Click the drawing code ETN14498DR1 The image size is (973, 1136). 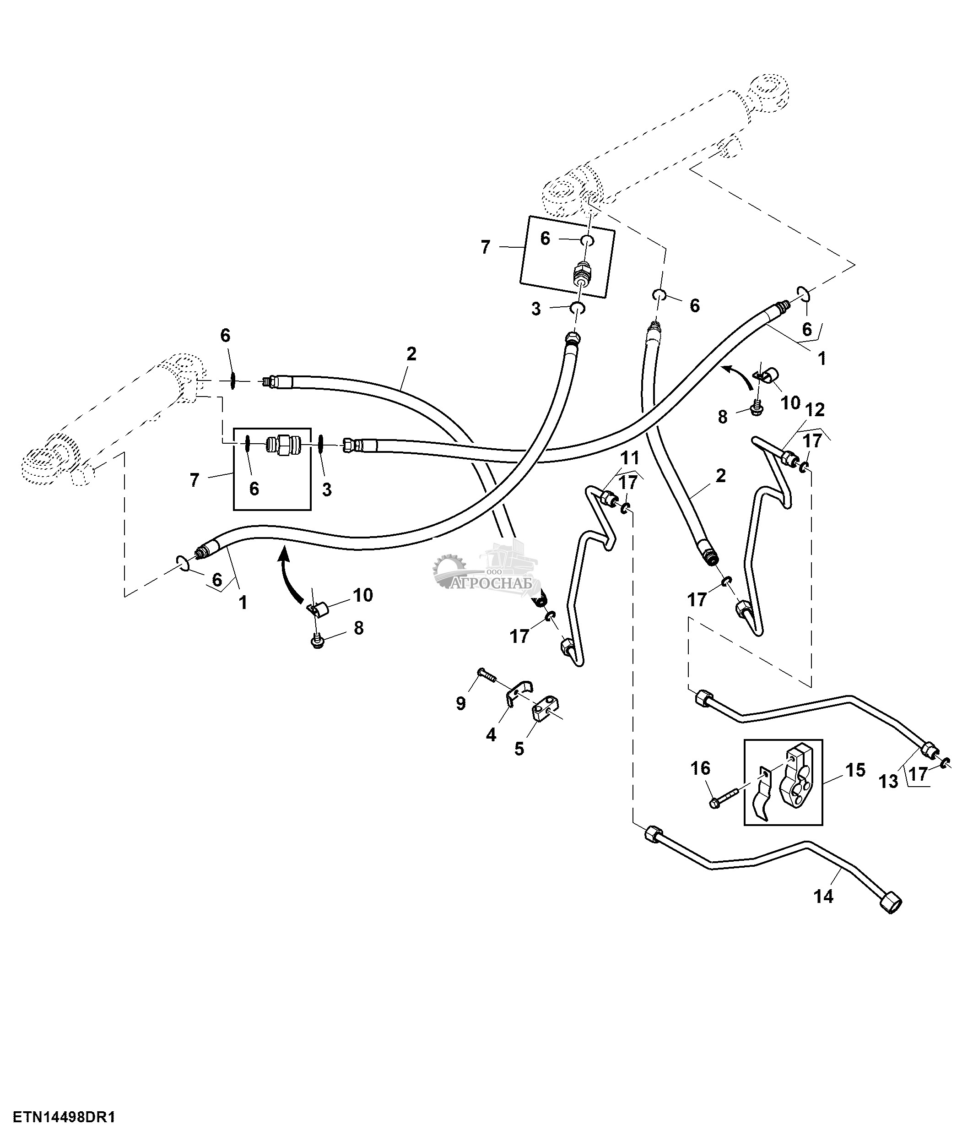pos(64,1117)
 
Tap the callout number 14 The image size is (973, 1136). pos(823,897)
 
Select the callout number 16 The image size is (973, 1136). pos(701,768)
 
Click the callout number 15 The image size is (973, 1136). pos(854,770)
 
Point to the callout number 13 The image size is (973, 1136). pos(889,781)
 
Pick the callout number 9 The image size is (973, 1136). pos(461,703)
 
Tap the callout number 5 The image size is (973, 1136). pos(519,748)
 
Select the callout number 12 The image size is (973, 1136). pos(815,409)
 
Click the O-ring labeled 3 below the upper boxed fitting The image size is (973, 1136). pos(578,308)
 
